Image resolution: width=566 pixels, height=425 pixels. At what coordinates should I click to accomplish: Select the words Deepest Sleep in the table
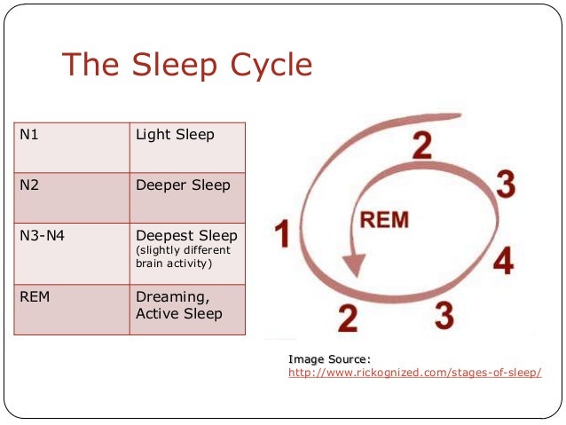[186, 236]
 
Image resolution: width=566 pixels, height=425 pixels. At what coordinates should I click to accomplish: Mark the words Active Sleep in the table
[178, 313]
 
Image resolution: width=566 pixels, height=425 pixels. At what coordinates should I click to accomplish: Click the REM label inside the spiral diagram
[383, 219]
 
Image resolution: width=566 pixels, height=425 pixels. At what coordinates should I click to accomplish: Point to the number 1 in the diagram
[282, 235]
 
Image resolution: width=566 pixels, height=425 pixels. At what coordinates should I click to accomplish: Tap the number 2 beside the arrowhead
[347, 315]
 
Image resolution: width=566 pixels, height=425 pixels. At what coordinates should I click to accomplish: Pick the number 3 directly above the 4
[505, 185]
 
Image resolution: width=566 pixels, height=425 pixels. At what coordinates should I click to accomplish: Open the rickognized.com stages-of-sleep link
[414, 373]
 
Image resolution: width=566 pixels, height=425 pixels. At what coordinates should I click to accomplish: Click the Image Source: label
[329, 358]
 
